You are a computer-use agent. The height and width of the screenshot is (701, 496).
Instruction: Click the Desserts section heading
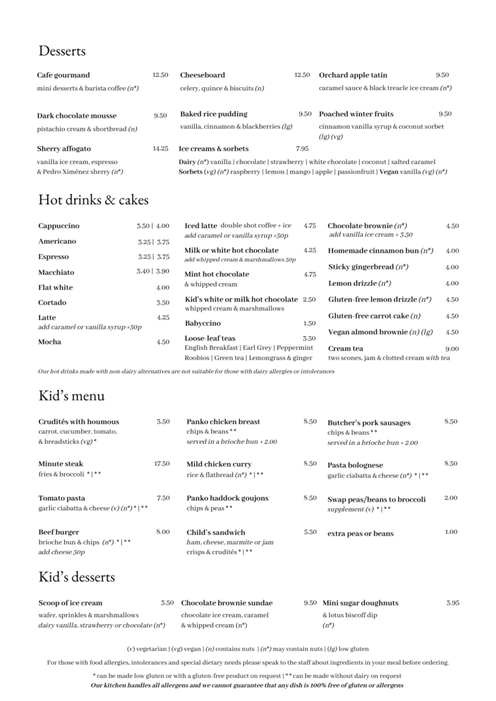pyautogui.click(x=62, y=50)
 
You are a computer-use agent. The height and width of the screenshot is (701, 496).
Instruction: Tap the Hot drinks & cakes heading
pyautogui.click(x=93, y=200)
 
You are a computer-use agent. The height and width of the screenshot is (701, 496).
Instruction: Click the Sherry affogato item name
pyautogui.click(x=64, y=148)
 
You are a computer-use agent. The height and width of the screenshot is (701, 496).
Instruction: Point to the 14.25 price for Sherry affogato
pyautogui.click(x=160, y=148)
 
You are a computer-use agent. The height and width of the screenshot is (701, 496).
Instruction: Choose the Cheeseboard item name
pyautogui.click(x=202, y=75)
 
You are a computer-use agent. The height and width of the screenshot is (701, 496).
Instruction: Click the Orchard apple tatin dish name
pyautogui.click(x=353, y=75)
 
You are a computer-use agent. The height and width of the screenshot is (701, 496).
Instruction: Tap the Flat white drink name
pyautogui.click(x=55, y=287)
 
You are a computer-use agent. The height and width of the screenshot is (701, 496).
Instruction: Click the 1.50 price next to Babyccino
pyautogui.click(x=309, y=323)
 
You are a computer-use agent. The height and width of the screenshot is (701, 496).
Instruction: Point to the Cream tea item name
pyautogui.click(x=347, y=348)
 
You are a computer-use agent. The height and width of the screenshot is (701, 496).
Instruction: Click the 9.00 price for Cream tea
pyautogui.click(x=452, y=348)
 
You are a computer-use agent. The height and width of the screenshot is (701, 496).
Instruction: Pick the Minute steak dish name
pyautogui.click(x=61, y=464)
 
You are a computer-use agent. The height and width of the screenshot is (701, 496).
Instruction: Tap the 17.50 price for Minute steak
pyautogui.click(x=161, y=464)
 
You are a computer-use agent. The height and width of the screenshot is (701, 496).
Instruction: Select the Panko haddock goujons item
pyautogui.click(x=228, y=498)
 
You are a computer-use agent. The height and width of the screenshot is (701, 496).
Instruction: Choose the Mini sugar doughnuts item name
pyautogui.click(x=360, y=603)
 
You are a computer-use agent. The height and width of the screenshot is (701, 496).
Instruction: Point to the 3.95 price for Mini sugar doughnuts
pyautogui.click(x=453, y=603)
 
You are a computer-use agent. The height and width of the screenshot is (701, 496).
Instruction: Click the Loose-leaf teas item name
pyautogui.click(x=210, y=338)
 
